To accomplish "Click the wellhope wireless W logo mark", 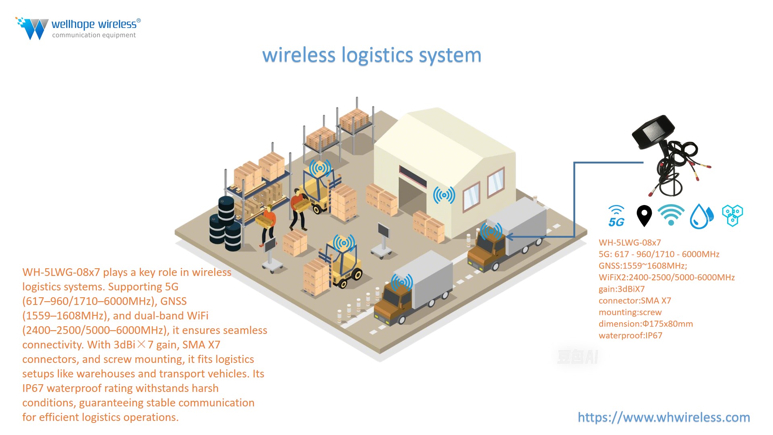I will point(33,28).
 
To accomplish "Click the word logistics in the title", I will point(377,56).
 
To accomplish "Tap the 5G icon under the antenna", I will point(616,216).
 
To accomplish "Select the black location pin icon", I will point(644,215).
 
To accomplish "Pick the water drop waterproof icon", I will point(701,216).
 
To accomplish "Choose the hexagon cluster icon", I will point(732,215).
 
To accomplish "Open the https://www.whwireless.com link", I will point(663,417).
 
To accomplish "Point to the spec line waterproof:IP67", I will point(630,336).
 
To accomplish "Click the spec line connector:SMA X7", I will point(635,300).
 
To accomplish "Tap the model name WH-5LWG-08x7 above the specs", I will point(630,242).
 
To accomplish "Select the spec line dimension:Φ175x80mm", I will point(645,324).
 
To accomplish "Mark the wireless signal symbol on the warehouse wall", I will point(444,195).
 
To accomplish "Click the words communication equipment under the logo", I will point(94,35).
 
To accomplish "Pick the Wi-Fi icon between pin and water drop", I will point(671,215).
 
